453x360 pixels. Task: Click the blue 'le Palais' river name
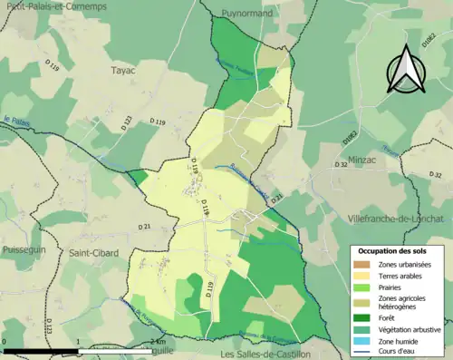17,120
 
